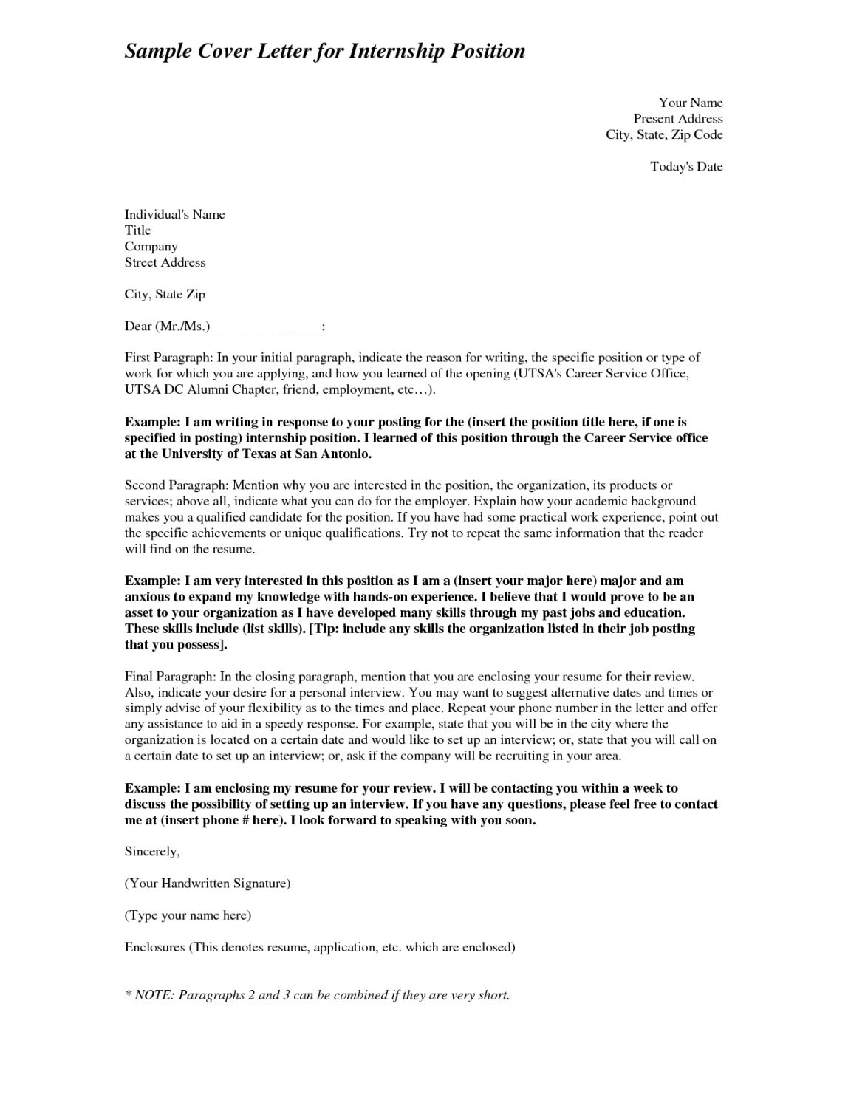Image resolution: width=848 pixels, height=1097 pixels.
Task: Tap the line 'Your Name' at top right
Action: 690,103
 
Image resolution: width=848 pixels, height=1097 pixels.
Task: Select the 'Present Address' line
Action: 677,119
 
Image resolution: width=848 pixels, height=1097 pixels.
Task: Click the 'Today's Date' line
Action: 686,167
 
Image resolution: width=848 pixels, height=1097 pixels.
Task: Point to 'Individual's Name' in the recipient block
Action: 174,214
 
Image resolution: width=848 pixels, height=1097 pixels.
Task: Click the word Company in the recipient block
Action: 151,246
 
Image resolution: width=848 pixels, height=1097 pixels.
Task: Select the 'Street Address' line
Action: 165,262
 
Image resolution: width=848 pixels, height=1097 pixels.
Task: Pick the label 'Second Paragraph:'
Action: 177,485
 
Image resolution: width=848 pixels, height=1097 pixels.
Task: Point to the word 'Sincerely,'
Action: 151,852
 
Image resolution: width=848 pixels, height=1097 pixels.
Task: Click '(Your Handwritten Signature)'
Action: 207,884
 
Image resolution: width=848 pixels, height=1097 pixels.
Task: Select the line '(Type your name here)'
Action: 188,915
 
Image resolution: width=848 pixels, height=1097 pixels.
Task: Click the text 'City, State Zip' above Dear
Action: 165,294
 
